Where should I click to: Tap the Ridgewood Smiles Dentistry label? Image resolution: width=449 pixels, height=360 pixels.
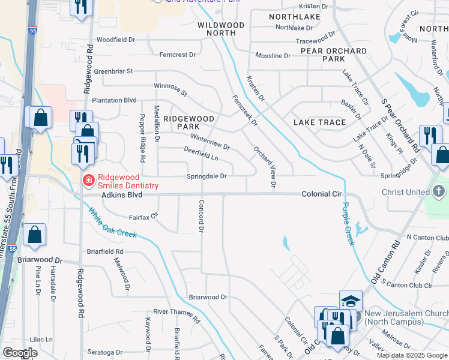click(128, 181)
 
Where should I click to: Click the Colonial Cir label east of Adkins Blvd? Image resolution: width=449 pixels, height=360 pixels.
click(321, 194)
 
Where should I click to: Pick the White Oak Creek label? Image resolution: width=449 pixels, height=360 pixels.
click(112, 223)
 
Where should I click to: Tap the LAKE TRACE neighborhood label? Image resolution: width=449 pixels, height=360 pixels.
click(319, 122)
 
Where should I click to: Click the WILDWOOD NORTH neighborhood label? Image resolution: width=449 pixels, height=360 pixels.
click(221, 29)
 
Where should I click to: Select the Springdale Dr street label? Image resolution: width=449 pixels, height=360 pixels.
click(206, 176)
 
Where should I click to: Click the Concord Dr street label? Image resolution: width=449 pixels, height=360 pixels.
click(202, 215)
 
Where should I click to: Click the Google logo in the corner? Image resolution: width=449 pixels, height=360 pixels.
click(20, 353)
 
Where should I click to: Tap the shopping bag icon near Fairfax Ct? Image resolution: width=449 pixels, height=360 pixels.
click(35, 236)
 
